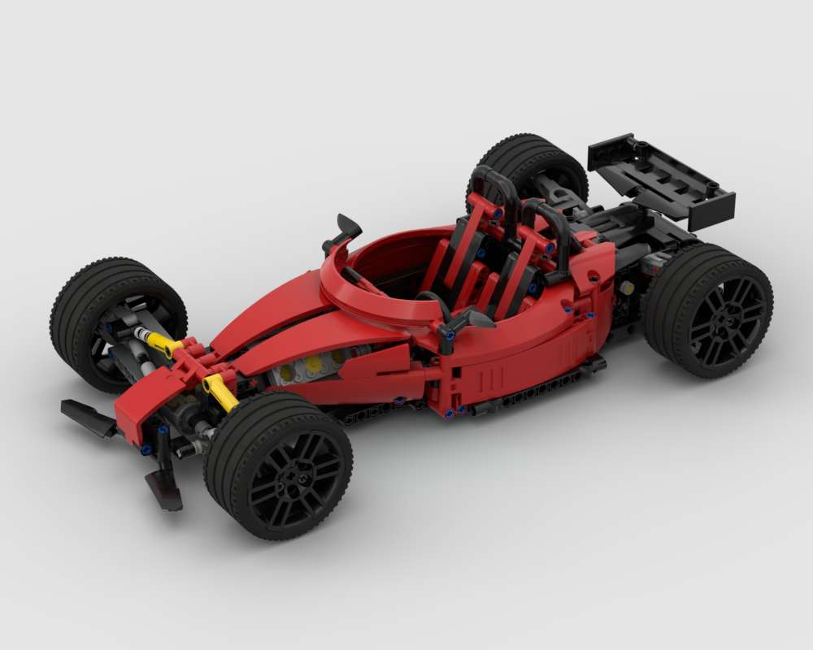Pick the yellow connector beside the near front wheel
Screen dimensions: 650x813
pos(220,391)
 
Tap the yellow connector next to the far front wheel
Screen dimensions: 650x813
pos(162,344)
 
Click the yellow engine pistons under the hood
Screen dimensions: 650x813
pos(313,366)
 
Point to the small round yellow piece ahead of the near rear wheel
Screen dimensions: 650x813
pos(627,288)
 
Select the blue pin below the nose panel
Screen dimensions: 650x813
pos(146,449)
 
